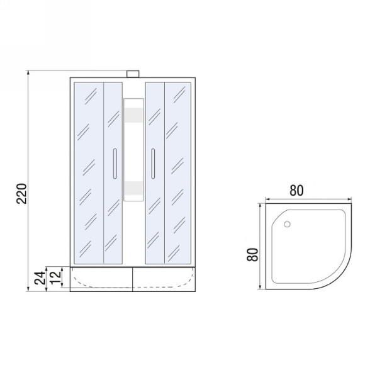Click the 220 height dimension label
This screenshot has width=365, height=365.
(x=22, y=194)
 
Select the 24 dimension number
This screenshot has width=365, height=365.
(x=40, y=278)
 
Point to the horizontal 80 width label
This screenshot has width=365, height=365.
(x=296, y=191)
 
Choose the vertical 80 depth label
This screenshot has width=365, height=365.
(x=253, y=255)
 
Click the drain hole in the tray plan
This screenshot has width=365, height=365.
(x=287, y=224)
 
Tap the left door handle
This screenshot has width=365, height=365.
(x=115, y=164)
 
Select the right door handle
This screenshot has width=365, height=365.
(x=153, y=164)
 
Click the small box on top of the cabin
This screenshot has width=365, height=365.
(x=133, y=74)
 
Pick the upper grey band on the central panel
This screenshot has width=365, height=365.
(x=133, y=115)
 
